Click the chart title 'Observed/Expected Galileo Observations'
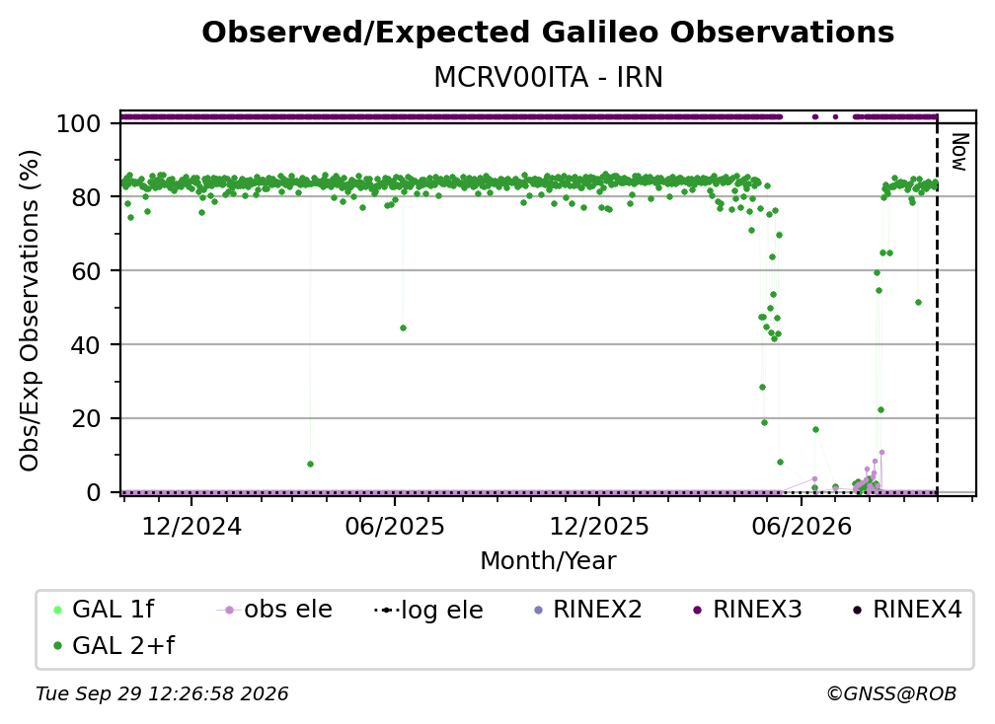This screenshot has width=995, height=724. [548, 33]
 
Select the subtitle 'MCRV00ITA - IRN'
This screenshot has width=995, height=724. [548, 77]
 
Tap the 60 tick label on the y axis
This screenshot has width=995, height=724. [86, 270]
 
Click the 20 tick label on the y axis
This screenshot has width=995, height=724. [86, 418]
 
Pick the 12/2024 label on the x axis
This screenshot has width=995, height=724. [191, 526]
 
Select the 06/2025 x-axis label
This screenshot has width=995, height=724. [395, 526]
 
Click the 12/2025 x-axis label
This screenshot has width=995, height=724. [599, 526]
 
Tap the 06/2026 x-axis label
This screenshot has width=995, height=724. [802, 526]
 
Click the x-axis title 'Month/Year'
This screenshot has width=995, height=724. [548, 560]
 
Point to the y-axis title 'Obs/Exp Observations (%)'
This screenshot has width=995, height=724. [30, 311]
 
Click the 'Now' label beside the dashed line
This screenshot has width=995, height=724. [959, 152]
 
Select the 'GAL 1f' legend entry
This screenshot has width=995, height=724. [104, 610]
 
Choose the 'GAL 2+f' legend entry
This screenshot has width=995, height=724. [114, 645]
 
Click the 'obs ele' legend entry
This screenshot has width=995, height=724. [274, 610]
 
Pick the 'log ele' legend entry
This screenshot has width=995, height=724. [428, 610]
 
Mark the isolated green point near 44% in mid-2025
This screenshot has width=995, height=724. [403, 327]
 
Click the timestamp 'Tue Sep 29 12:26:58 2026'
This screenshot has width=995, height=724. [162, 693]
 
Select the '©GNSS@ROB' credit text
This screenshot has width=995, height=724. [891, 693]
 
